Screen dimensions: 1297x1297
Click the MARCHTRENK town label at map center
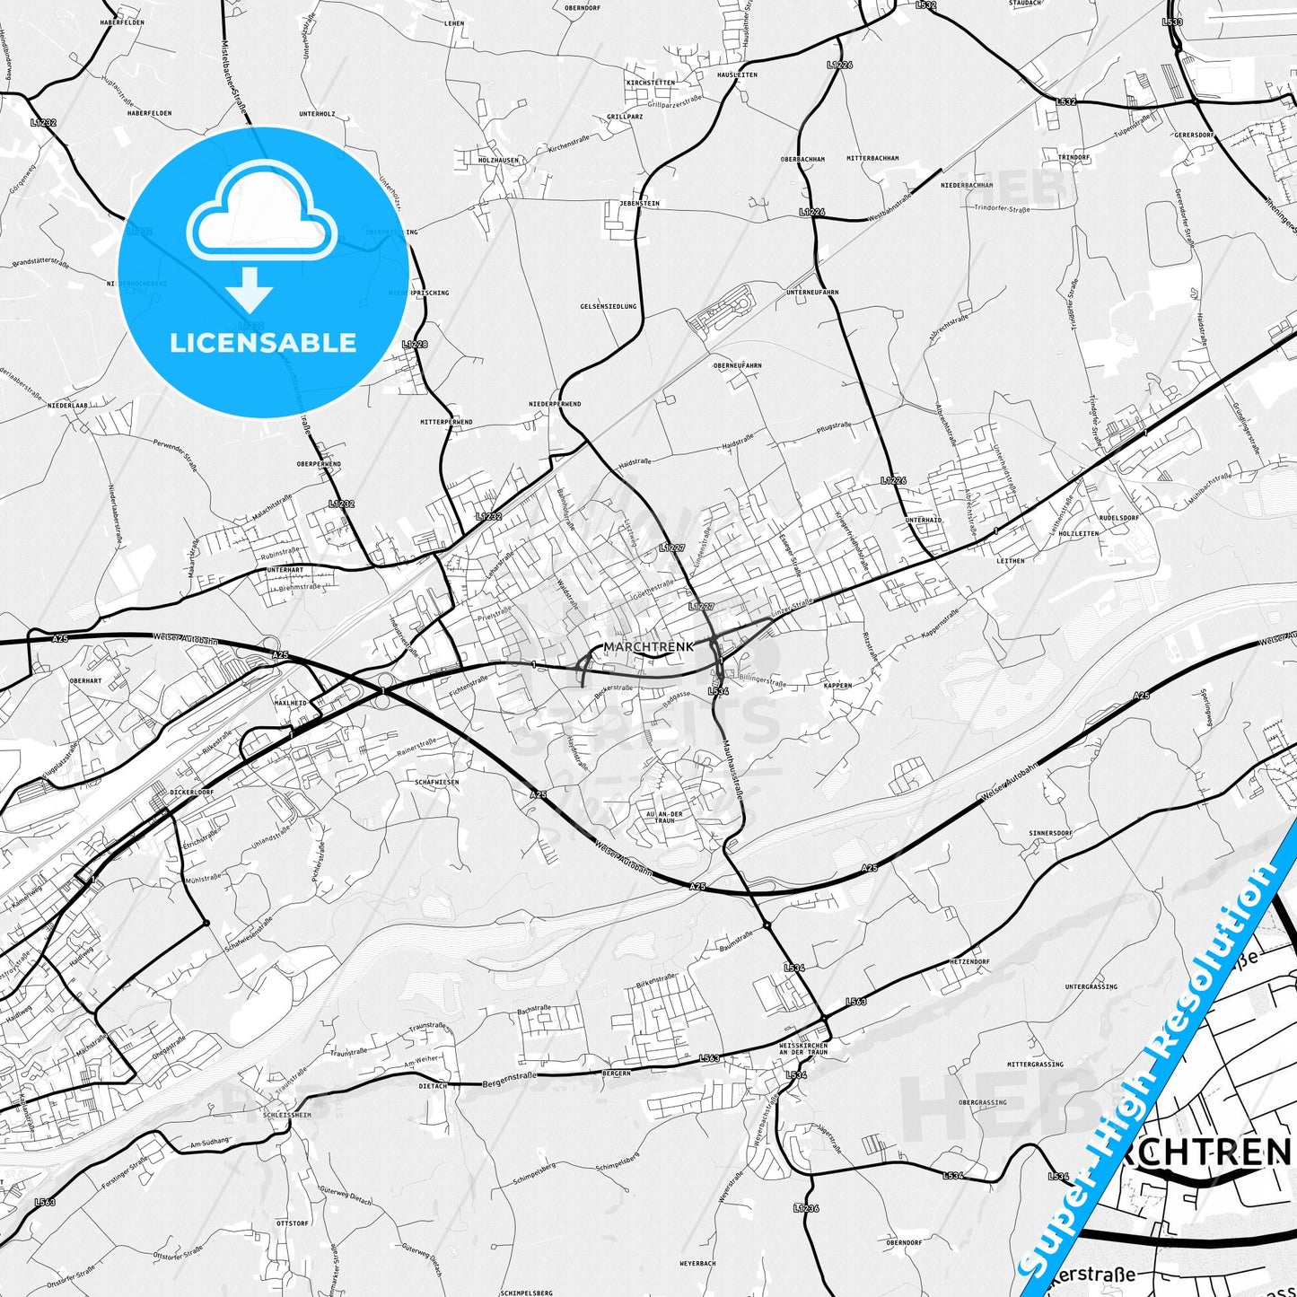coord(648,646)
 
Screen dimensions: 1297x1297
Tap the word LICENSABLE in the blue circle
coord(263,342)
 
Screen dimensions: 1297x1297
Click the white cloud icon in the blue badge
coord(262,215)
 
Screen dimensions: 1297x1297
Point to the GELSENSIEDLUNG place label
coord(609,306)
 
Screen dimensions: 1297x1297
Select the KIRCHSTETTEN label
coord(651,83)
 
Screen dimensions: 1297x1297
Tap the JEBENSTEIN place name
coord(639,204)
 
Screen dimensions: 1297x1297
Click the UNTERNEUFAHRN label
coord(812,293)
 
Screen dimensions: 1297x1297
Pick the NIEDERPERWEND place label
coord(555,404)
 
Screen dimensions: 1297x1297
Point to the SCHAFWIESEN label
coord(437,782)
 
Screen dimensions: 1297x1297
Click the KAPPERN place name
coord(837,685)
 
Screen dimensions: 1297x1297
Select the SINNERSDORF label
coord(1050,833)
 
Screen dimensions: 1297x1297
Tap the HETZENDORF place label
coord(969,961)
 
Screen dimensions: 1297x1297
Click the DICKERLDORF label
coord(193,793)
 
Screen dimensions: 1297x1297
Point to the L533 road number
coord(1172,22)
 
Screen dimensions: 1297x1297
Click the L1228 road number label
coord(415,344)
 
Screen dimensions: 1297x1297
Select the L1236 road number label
coord(806,1208)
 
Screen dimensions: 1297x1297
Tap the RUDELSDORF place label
coord(1118,518)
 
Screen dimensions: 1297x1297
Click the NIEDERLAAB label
coord(67,406)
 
